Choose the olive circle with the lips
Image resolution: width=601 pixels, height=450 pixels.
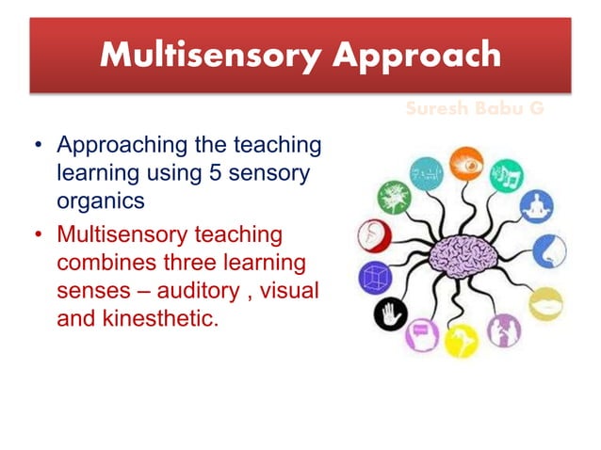coord(545,303)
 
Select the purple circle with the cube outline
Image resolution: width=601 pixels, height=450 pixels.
coord(374,278)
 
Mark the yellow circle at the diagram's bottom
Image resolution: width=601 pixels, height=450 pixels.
coord(461,340)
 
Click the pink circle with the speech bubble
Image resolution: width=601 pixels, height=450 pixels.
coord(420,333)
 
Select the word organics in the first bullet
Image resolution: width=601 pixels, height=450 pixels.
coord(98,200)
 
